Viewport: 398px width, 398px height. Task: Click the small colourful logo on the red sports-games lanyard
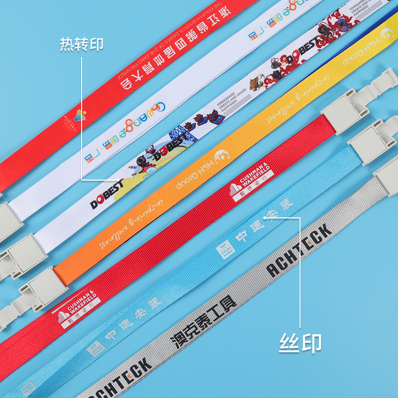pos(79,115)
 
